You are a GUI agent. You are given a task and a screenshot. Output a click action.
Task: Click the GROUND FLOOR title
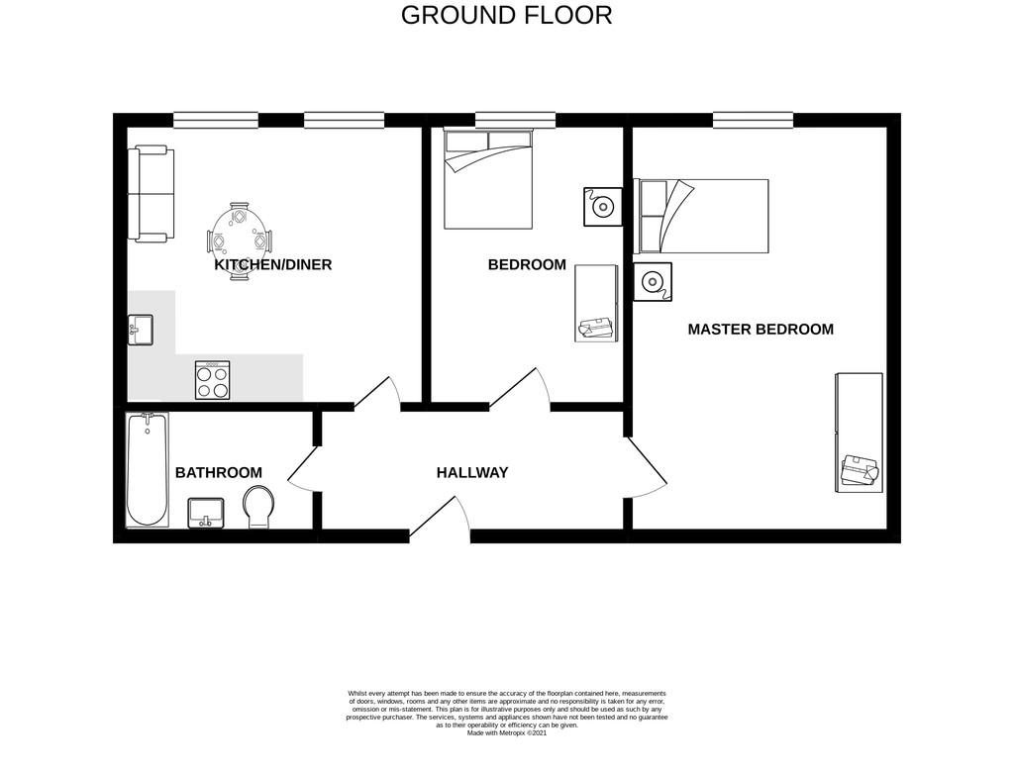click(x=506, y=15)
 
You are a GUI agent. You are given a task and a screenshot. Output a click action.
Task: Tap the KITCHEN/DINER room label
click(x=273, y=264)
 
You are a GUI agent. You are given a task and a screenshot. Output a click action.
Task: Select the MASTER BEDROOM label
click(x=760, y=330)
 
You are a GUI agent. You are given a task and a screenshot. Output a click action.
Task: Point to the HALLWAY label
click(x=472, y=473)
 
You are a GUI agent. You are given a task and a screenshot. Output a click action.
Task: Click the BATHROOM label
click(x=219, y=473)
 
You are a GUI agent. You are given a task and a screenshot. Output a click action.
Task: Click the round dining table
click(x=240, y=241)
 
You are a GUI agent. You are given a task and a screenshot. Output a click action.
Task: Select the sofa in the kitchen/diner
click(x=151, y=194)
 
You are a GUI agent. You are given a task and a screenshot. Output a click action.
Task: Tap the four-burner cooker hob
click(x=213, y=379)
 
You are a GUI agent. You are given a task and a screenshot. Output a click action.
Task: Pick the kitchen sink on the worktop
click(x=141, y=330)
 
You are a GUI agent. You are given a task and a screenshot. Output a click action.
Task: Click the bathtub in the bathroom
click(x=148, y=469)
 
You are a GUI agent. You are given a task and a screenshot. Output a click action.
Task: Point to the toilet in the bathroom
click(x=258, y=507)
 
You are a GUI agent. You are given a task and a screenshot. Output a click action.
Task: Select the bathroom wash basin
click(x=206, y=513)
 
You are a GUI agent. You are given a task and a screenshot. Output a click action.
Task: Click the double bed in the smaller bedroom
click(x=488, y=178)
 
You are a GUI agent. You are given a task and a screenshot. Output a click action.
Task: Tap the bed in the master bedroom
click(x=701, y=216)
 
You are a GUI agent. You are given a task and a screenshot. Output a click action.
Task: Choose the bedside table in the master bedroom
click(x=653, y=282)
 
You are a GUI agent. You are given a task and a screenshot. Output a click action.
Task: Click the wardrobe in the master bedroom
click(x=859, y=433)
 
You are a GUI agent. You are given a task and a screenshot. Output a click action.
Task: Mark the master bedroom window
click(x=754, y=121)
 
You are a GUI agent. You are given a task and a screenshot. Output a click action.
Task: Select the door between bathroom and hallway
click(x=303, y=477)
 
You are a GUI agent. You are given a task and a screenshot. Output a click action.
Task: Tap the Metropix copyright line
click(x=506, y=733)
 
